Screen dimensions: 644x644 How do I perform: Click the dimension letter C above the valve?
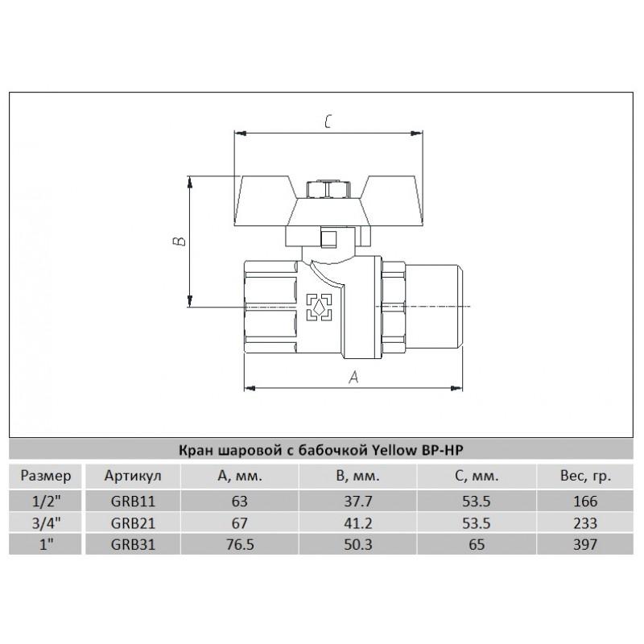pyautogui.click(x=328, y=122)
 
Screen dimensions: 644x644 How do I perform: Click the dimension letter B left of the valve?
pyautogui.click(x=179, y=241)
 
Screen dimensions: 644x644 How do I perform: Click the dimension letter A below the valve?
pyautogui.click(x=353, y=377)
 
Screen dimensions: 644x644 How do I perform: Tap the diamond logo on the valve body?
pyautogui.click(x=319, y=307)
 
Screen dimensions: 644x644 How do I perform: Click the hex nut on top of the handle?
pyautogui.click(x=324, y=189)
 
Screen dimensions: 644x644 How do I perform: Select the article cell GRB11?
pyautogui.click(x=133, y=502)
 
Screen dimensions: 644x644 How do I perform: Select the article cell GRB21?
pyautogui.click(x=133, y=523)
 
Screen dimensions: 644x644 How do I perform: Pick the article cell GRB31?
pyautogui.click(x=133, y=545)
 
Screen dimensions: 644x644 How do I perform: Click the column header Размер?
pyautogui.click(x=46, y=477)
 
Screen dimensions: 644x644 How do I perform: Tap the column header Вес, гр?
pyautogui.click(x=585, y=477)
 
